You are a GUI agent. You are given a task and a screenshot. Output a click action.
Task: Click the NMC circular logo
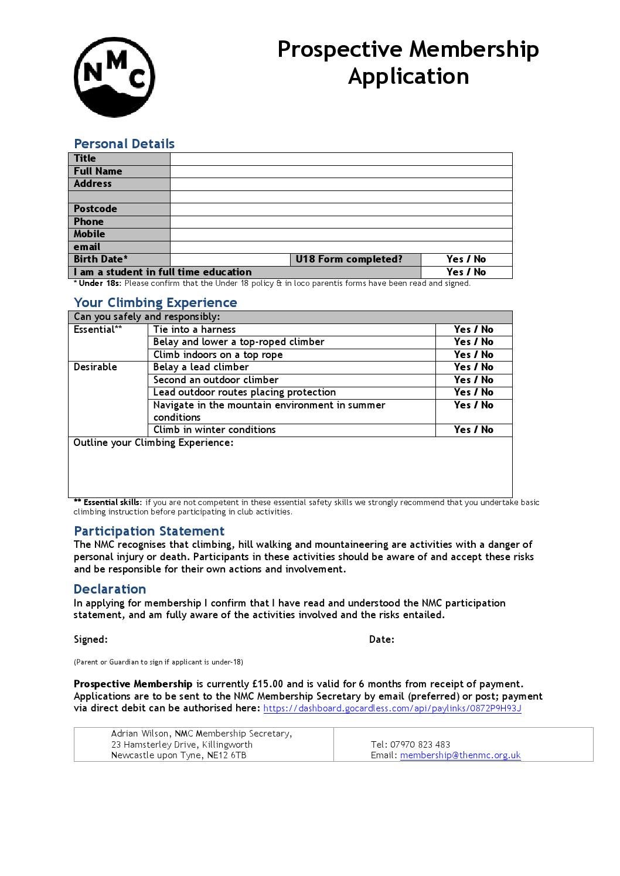tap(114, 77)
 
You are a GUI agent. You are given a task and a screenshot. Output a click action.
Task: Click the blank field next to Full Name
tap(340, 172)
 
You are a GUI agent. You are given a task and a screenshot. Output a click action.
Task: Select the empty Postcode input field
tap(340, 209)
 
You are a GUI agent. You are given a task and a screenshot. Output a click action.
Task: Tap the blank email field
tap(340, 247)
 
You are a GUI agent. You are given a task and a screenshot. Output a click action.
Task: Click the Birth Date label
tap(101, 260)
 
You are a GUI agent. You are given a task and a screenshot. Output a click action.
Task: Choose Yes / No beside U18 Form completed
tap(466, 260)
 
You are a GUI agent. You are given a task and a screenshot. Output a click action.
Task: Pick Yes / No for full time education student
tap(466, 272)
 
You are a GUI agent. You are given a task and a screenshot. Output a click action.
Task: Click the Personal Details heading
tap(124, 144)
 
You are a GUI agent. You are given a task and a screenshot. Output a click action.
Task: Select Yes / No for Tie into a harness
tap(473, 330)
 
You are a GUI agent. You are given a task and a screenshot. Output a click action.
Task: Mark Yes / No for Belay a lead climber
tap(473, 367)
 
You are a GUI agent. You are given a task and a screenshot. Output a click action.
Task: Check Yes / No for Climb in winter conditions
tap(473, 430)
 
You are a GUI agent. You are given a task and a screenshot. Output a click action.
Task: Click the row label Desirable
tap(96, 367)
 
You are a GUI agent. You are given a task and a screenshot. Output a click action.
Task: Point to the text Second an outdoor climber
tap(216, 380)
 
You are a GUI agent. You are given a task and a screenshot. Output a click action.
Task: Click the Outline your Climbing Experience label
tap(154, 443)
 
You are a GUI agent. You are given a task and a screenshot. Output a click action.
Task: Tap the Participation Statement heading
tap(149, 531)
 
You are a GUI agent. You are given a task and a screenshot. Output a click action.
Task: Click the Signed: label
tap(91, 640)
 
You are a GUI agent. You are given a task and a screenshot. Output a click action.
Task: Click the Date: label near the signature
tap(381, 640)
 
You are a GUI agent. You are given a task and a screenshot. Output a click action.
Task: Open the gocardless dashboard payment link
tap(392, 708)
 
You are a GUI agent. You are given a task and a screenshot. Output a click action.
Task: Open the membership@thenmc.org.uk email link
tap(460, 755)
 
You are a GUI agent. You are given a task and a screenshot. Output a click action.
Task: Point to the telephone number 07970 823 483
tap(420, 745)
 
